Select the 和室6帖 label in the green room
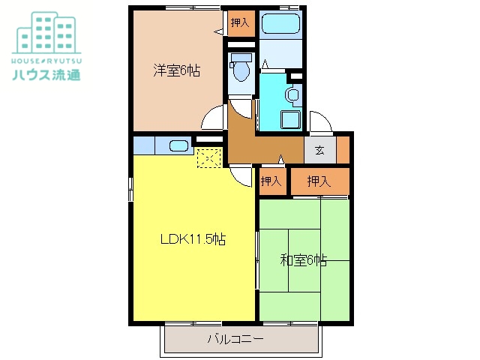304,260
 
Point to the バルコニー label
235,339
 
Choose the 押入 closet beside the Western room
240,22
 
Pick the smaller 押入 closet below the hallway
271,181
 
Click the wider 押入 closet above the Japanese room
319,181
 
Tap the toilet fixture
241,68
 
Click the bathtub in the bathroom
280,25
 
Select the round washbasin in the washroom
292,95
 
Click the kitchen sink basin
178,145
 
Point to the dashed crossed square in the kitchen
208,157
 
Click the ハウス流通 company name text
46,74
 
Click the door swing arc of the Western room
213,118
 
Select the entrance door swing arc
319,122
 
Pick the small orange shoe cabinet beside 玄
343,150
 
